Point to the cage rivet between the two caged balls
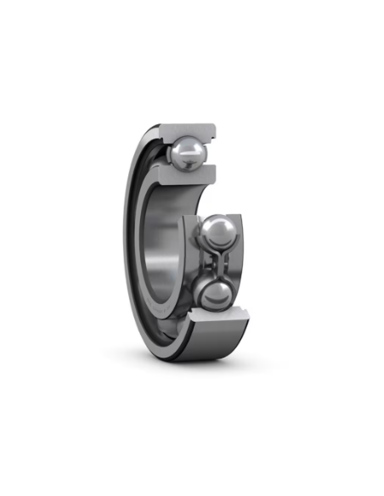pos(215,265)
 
